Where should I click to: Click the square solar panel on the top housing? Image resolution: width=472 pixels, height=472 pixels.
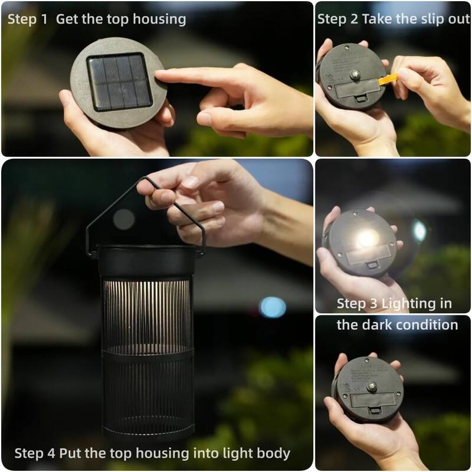tap(118, 81)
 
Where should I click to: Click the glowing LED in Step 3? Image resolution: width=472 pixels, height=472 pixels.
tap(367, 238)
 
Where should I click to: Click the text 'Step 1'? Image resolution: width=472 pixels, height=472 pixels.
tap(27, 19)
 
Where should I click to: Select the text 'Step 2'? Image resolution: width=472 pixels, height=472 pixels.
tap(337, 19)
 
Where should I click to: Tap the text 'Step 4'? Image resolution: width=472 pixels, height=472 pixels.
tap(34, 453)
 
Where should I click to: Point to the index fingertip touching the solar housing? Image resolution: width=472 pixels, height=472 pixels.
tap(160, 76)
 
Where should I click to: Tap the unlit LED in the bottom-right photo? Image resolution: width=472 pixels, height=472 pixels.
tap(372, 386)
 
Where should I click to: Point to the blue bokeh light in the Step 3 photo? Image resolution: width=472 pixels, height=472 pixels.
tap(419, 231)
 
